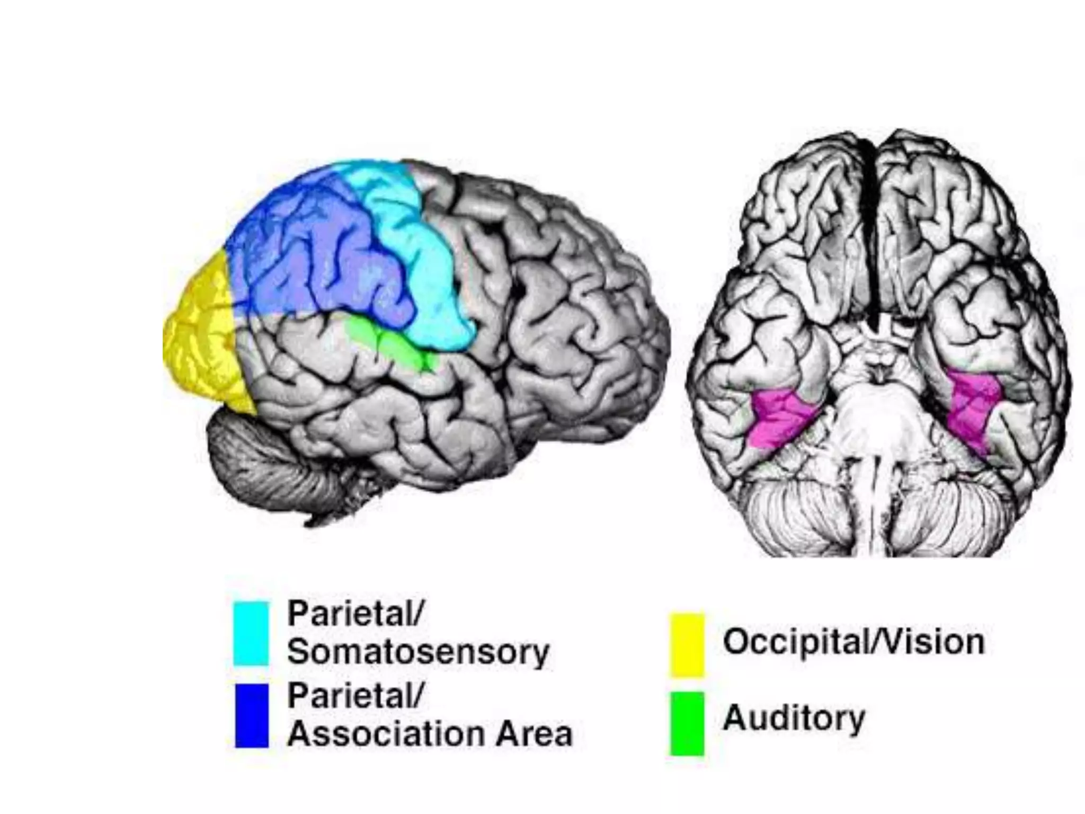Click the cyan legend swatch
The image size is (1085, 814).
pyautogui.click(x=251, y=633)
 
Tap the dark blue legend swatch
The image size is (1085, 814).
pyautogui.click(x=252, y=715)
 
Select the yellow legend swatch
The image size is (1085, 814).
pyautogui.click(x=687, y=644)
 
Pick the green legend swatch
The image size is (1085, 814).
pyautogui.click(x=687, y=723)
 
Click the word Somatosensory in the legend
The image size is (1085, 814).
pyautogui.click(x=418, y=652)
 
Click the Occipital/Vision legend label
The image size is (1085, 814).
pyautogui.click(x=853, y=642)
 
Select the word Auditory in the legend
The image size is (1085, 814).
pyautogui.click(x=794, y=719)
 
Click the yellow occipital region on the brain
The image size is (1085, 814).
pyautogui.click(x=201, y=334)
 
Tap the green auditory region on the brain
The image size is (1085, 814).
pyautogui.click(x=392, y=344)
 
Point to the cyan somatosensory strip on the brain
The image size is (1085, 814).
pyautogui.click(x=419, y=254)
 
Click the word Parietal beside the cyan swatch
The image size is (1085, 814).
pyautogui.click(x=355, y=615)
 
